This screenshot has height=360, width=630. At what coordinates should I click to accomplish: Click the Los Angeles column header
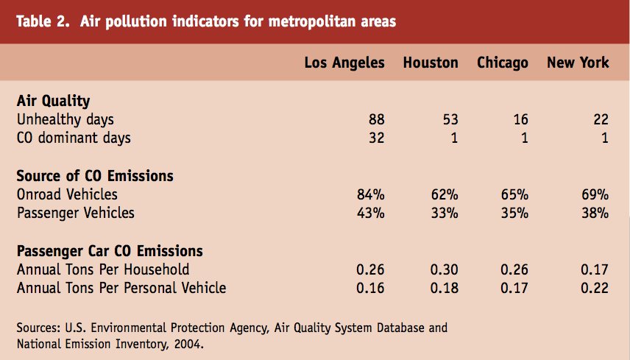344,63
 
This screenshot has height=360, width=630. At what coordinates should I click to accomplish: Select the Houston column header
431,63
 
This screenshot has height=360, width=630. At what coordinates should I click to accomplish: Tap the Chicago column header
503,63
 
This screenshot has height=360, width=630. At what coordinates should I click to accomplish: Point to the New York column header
578,63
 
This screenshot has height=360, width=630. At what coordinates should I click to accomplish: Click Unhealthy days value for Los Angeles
375,119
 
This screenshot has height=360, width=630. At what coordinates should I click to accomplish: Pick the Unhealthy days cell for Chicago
520,119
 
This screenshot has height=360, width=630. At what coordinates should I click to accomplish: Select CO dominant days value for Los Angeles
375,138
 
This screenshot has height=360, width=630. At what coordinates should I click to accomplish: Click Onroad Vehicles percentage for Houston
445,194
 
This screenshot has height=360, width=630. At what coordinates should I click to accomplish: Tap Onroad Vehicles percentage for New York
594,194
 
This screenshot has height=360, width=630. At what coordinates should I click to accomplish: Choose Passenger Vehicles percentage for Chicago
514,213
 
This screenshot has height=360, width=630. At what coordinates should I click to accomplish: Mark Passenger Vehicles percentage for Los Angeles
370,213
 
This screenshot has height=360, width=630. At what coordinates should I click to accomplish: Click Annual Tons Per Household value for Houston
444,269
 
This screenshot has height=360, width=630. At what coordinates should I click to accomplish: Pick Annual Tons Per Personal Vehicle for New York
594,288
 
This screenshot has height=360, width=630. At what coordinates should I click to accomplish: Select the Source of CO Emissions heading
95,176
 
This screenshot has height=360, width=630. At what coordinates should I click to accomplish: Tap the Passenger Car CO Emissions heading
110,251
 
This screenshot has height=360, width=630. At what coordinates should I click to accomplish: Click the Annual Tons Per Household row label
103,269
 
